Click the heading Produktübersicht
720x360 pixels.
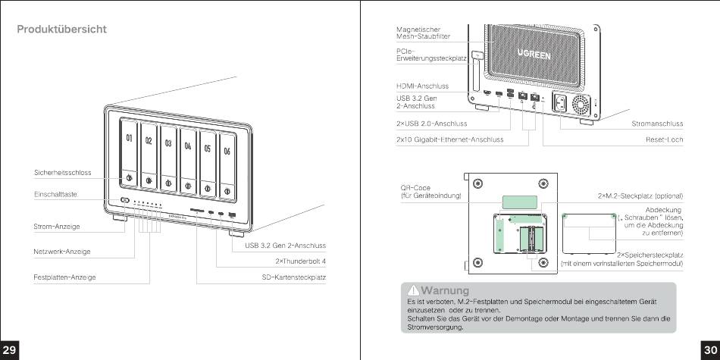coord(62,30)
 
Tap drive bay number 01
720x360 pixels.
coord(130,152)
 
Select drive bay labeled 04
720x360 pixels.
coord(186,152)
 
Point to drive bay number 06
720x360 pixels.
coord(226,152)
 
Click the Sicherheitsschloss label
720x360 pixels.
coord(62,173)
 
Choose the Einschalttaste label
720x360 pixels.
coord(56,194)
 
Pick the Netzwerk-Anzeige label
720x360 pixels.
coord(63,250)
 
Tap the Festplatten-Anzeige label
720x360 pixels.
coord(64,277)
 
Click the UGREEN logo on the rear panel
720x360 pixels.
coord(534,55)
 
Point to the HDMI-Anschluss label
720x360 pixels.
coord(422,86)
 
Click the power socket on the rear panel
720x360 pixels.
coord(564,103)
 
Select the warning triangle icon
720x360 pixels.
coord(413,290)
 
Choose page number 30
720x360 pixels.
coord(710,349)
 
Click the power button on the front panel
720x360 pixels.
coord(124,200)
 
